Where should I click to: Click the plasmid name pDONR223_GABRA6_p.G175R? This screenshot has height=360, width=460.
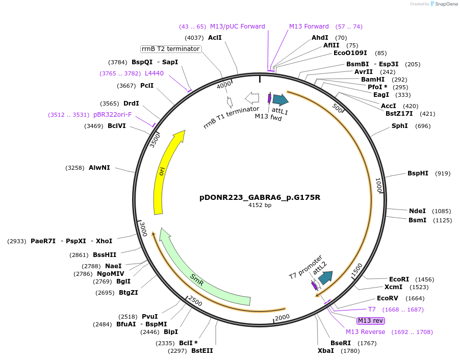(x=260, y=197)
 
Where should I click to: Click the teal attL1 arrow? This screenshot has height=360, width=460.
(x=280, y=100)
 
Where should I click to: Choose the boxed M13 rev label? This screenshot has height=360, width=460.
(x=371, y=320)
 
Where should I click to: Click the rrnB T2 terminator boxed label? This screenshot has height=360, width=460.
(x=171, y=49)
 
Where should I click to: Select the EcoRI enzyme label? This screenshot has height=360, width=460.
(x=399, y=279)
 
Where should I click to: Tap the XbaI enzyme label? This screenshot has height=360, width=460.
(x=325, y=350)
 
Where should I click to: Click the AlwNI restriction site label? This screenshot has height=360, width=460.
(x=99, y=168)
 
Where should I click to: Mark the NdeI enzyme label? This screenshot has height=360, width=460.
(x=417, y=211)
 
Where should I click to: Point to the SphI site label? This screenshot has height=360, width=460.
(x=399, y=125)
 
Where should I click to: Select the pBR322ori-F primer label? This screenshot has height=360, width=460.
(x=112, y=115)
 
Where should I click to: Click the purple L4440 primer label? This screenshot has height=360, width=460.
(x=155, y=73)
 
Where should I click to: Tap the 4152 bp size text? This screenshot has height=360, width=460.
(x=260, y=205)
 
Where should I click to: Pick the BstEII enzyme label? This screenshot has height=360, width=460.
(x=202, y=350)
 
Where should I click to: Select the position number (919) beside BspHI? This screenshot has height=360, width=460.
(x=443, y=173)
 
